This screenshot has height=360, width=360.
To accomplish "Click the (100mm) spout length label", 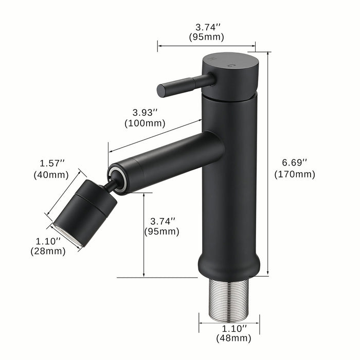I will click(x=145, y=123).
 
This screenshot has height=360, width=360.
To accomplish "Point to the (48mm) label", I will click(x=233, y=338).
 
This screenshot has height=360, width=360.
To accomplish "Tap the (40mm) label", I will click(x=52, y=174).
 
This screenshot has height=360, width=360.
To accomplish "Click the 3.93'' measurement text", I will click(x=145, y=112).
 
